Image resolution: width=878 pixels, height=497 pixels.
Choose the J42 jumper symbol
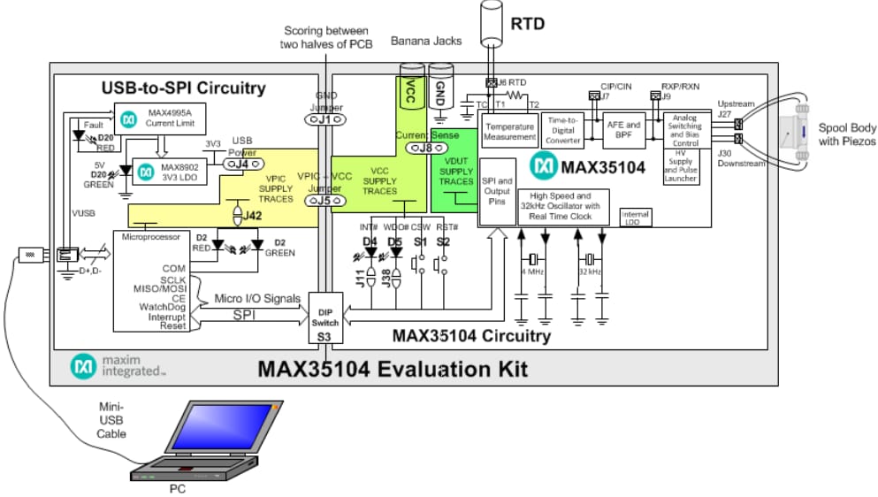(x=238, y=214)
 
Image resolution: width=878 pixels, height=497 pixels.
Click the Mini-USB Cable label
(x=111, y=421)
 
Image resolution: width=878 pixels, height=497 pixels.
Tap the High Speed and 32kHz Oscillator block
(x=561, y=205)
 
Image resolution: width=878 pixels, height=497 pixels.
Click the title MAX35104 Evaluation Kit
(x=392, y=368)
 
